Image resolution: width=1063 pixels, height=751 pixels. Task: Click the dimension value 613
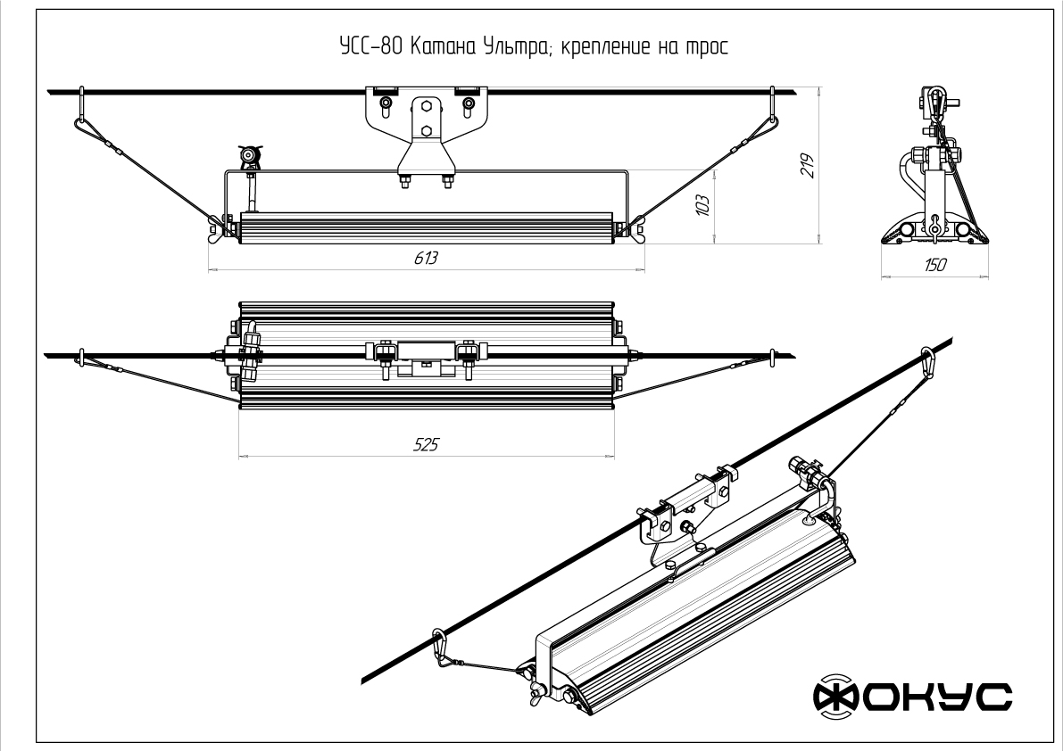click(426, 257)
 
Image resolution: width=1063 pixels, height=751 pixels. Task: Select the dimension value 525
click(426, 445)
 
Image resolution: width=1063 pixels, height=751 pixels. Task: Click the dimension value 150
click(934, 265)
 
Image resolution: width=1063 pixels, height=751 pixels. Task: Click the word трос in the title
click(709, 48)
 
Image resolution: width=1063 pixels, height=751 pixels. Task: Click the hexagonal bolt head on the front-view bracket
click(426, 106)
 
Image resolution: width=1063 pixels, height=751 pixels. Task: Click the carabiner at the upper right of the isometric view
click(928, 363)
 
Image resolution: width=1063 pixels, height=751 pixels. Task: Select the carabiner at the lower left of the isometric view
click(440, 644)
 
